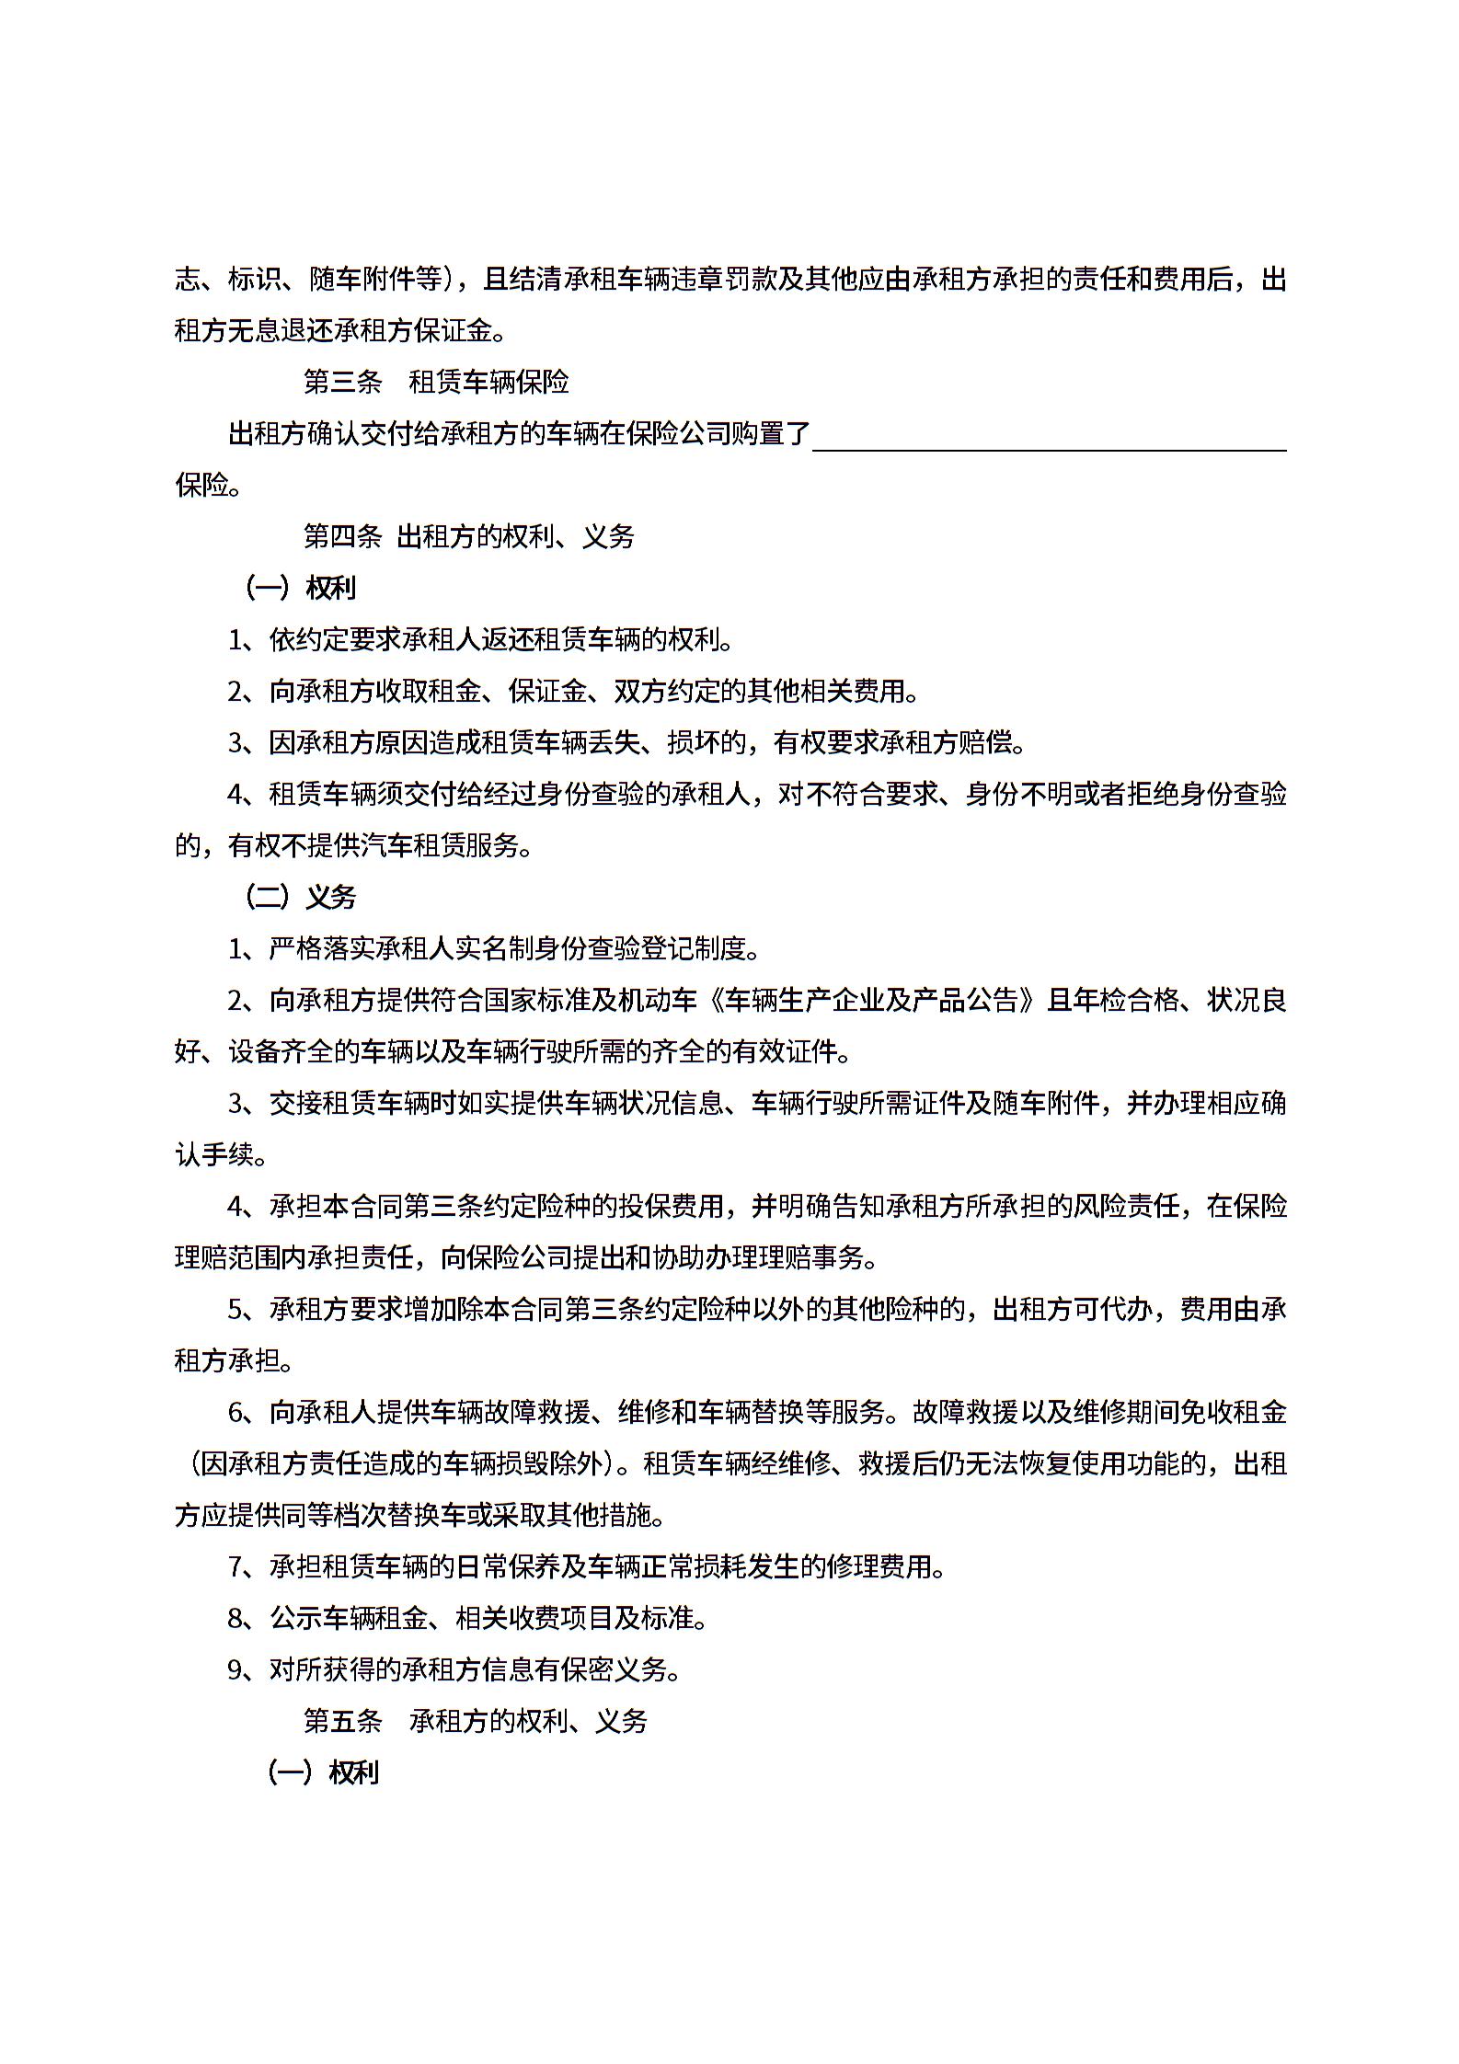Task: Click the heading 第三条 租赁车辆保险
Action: click(x=436, y=382)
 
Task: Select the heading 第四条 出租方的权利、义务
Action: click(x=468, y=536)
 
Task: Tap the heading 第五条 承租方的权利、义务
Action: click(x=476, y=1721)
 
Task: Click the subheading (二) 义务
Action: click(x=301, y=897)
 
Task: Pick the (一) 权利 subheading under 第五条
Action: click(x=323, y=1772)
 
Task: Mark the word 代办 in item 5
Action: click(x=1125, y=1309)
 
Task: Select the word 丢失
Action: click(x=615, y=742)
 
